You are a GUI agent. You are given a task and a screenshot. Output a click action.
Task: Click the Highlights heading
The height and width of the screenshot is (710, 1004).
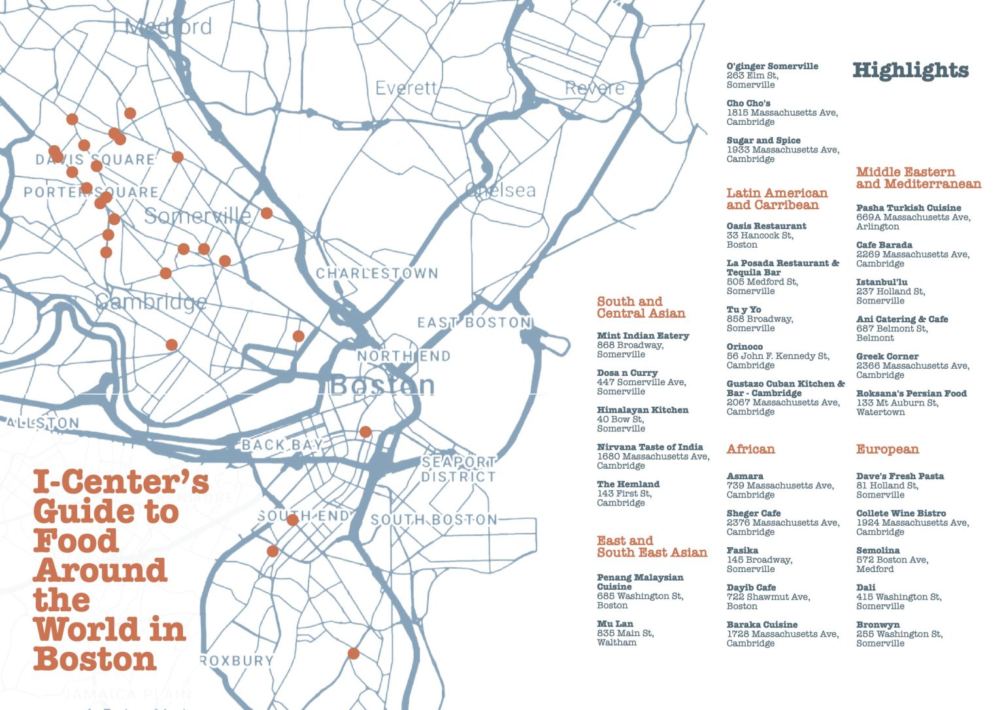tap(910, 71)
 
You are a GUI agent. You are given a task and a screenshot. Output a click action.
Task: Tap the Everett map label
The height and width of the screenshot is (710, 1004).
tap(405, 88)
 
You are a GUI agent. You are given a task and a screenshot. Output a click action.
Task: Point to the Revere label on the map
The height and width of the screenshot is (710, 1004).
tap(594, 88)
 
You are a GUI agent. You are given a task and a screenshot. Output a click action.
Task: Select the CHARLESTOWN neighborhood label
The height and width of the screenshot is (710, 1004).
tap(377, 273)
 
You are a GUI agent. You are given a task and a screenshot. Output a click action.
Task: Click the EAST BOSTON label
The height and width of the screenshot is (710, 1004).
tap(474, 322)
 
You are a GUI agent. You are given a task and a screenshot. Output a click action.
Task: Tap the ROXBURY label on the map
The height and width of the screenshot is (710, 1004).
tap(236, 660)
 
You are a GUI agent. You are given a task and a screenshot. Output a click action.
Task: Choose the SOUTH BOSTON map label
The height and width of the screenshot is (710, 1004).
tap(434, 520)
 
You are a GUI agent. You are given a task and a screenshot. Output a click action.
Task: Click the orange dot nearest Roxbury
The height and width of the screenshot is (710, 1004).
tap(354, 653)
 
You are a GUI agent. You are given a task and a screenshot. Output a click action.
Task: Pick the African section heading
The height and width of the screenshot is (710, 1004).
tap(750, 449)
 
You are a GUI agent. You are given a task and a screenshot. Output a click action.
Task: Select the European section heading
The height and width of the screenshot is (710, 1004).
tap(887, 449)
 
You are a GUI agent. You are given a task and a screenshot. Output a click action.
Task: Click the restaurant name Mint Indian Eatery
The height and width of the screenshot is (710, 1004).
tap(643, 335)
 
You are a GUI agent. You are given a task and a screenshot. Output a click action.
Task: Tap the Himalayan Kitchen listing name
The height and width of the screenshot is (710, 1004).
tap(642, 410)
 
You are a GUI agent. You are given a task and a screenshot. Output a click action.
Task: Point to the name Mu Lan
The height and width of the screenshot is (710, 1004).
tap(614, 624)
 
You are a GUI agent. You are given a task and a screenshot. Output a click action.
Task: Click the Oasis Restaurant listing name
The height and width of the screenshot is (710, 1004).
tap(766, 226)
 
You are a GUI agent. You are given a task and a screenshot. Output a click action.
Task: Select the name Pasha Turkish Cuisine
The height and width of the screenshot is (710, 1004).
tap(909, 208)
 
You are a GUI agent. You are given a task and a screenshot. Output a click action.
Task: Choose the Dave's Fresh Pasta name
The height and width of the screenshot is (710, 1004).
tap(899, 476)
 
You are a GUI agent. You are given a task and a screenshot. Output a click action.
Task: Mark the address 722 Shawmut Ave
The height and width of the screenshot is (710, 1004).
tap(767, 597)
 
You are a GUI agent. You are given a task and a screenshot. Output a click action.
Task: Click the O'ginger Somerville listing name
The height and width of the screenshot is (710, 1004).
tap(772, 66)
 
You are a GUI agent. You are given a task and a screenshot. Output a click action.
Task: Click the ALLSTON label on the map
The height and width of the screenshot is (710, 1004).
tap(42, 423)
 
